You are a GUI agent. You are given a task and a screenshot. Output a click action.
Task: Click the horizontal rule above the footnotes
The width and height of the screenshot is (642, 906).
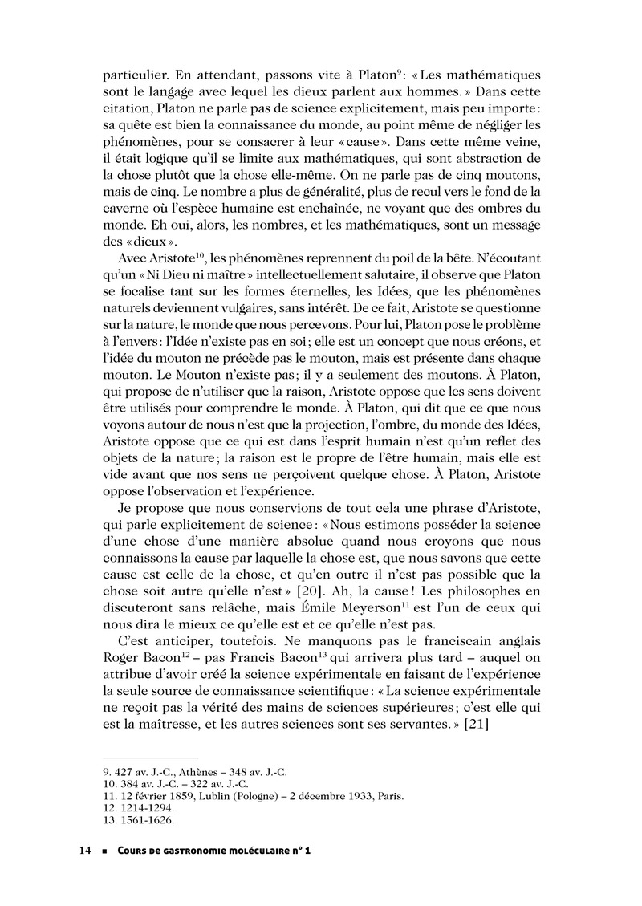[x=150, y=757]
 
